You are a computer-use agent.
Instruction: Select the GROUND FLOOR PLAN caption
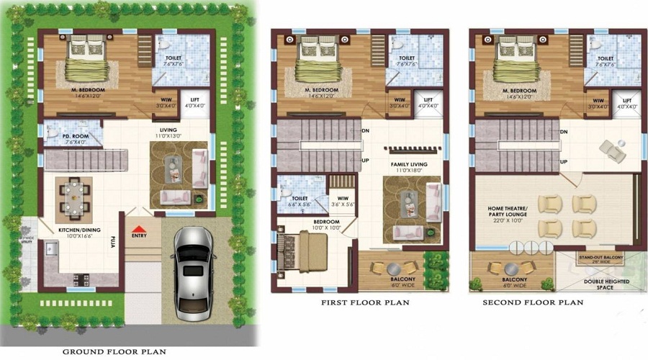pyautogui.click(x=114, y=352)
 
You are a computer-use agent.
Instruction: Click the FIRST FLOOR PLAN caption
pyautogui.click(x=365, y=303)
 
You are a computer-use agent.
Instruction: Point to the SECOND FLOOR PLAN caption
pyautogui.click(x=533, y=303)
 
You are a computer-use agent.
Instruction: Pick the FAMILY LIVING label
pyautogui.click(x=409, y=165)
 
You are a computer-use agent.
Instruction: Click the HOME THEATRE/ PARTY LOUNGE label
pyautogui.click(x=508, y=213)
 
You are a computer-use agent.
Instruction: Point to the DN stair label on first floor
pyautogui.click(x=365, y=131)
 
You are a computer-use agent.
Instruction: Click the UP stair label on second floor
pyautogui.click(x=563, y=161)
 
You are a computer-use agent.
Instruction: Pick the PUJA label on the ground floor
pyautogui.click(x=113, y=243)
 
